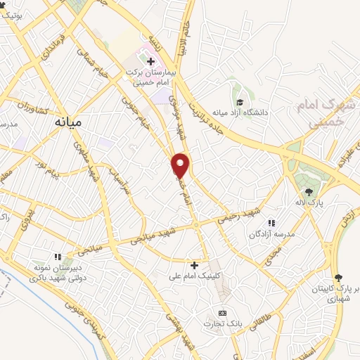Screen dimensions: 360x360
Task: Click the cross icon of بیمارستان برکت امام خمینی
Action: [x=150, y=62]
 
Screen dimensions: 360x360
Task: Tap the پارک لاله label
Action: [x=309, y=202]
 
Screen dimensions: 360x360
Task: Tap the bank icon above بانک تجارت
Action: [x=223, y=312]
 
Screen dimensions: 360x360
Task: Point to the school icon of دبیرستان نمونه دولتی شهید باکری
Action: [x=58, y=257]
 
